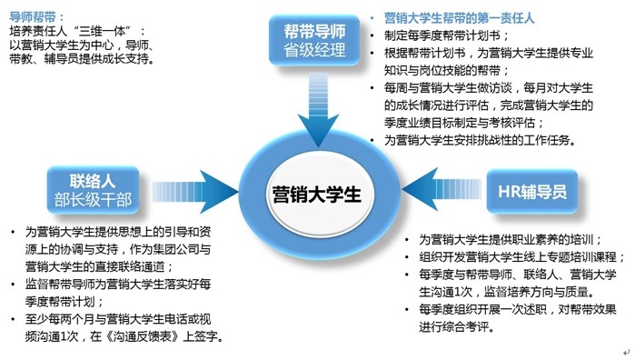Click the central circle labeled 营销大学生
[316, 195]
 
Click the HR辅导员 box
[532, 191]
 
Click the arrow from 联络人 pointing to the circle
[195, 194]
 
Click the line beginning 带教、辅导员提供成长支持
[81, 60]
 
